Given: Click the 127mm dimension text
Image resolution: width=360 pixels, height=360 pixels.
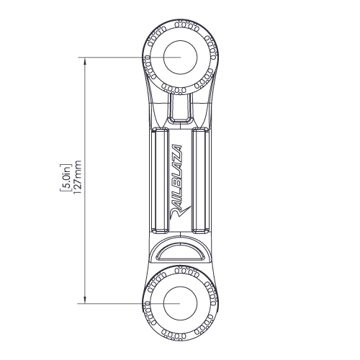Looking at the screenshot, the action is tap(77, 177).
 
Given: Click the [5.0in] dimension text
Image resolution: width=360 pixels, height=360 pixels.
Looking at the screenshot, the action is tap(66, 178).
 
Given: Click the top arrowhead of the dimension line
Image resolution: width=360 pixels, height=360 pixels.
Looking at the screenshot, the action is tap(84, 61).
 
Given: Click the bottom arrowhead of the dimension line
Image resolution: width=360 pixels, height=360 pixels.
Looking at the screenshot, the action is tap(84, 300).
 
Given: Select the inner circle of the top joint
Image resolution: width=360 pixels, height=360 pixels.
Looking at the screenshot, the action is tap(180, 40).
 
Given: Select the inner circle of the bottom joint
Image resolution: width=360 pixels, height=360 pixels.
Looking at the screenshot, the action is tap(180, 287).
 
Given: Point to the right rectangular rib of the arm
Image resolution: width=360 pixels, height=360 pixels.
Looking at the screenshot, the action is tap(202, 181).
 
